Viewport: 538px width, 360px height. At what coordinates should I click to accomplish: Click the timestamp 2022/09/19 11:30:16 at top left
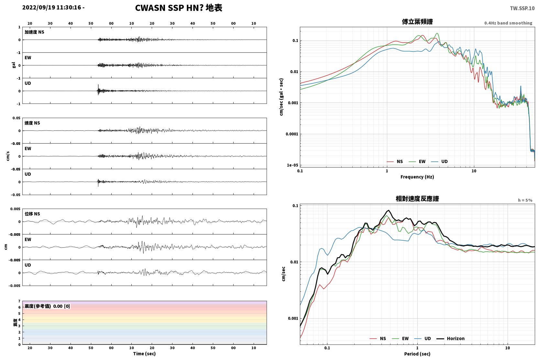(52, 7)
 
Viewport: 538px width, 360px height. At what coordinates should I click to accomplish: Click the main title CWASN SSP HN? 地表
(179, 8)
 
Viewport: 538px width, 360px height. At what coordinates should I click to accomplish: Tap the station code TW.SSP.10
(522, 8)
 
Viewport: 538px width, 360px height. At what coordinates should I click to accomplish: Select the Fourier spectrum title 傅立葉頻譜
(417, 22)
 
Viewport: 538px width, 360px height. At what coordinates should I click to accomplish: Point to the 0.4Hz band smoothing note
(508, 23)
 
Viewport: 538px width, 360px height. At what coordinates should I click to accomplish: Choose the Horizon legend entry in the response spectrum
(450, 339)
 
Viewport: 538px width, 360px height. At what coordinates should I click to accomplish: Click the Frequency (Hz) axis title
(417, 177)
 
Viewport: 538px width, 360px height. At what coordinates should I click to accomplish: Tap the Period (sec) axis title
(417, 354)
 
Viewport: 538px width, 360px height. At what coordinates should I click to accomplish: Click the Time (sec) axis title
(144, 354)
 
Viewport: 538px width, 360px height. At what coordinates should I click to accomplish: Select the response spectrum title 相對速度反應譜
(417, 199)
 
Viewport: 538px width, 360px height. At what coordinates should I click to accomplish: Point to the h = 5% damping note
(525, 200)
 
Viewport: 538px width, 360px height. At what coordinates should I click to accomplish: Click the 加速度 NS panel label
(34, 32)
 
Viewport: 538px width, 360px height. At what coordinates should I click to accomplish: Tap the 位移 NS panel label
(32, 214)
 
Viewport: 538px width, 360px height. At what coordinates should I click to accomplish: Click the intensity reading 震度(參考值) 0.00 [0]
(47, 306)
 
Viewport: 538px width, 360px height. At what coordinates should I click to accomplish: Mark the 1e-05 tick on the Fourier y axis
(292, 165)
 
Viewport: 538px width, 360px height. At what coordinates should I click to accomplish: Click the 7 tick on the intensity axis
(19, 301)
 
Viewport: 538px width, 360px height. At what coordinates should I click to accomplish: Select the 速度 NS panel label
(32, 123)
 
